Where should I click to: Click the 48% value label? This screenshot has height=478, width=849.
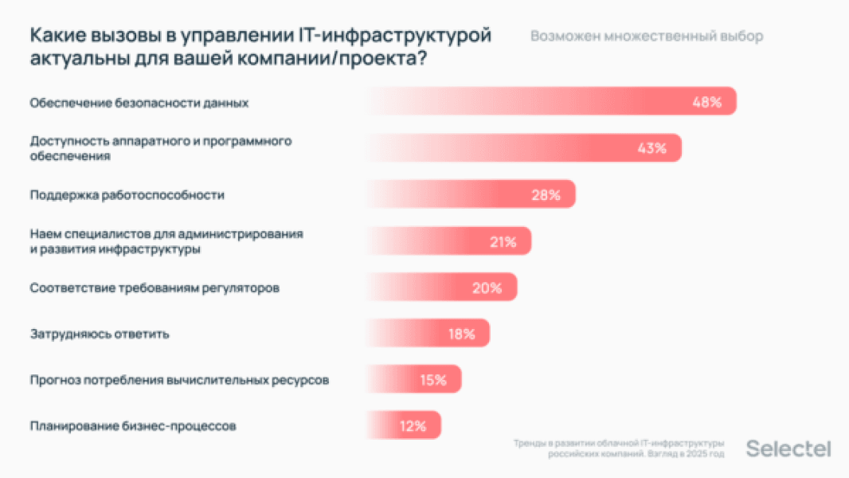tap(706, 102)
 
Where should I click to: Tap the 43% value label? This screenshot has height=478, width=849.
tap(651, 148)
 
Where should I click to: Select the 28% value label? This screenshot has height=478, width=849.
tap(546, 195)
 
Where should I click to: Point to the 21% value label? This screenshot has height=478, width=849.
tap(503, 241)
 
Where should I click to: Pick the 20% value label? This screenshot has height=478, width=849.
tap(487, 288)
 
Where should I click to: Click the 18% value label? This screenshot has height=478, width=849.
tap(460, 334)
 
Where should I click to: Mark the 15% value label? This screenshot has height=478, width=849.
tap(432, 380)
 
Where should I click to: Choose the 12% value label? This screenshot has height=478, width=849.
tap(413, 426)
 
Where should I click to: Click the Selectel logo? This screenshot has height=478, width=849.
tap(788, 449)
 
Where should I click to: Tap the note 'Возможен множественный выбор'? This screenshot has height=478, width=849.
tap(646, 37)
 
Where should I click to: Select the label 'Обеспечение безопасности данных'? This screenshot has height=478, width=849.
tap(139, 103)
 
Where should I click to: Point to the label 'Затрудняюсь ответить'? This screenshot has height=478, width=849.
tap(100, 334)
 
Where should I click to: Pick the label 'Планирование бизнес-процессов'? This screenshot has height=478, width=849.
tap(133, 426)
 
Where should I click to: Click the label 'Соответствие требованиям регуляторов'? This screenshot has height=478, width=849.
tap(155, 288)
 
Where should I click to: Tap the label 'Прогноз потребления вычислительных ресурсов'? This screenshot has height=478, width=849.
tap(179, 380)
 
